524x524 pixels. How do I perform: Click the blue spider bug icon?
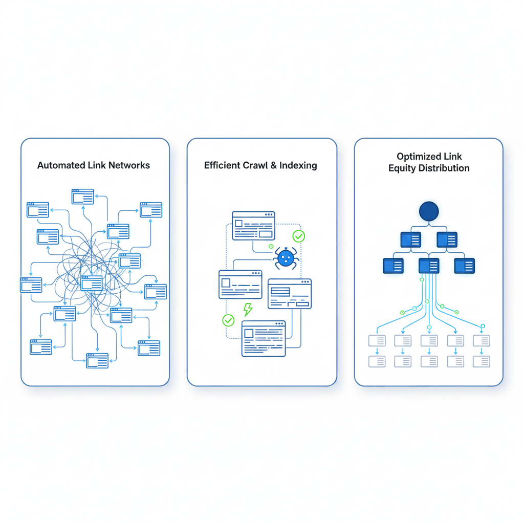[x=286, y=258]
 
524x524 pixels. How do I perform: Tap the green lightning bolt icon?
[x=248, y=309]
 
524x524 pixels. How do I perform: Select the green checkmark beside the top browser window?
[x=298, y=236]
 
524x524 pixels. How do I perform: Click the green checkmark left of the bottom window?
[x=228, y=320]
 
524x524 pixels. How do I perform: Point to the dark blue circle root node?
[x=429, y=211]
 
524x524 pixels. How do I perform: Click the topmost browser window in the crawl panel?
[x=253, y=226]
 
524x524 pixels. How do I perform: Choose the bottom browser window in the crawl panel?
[x=264, y=338]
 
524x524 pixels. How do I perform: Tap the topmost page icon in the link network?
[x=82, y=196]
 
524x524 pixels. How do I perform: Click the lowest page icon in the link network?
[x=97, y=361]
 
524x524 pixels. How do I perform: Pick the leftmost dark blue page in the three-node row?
[x=393, y=266]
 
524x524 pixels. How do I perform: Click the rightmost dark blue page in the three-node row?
[x=464, y=266]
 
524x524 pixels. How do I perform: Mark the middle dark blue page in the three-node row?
[x=429, y=266]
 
